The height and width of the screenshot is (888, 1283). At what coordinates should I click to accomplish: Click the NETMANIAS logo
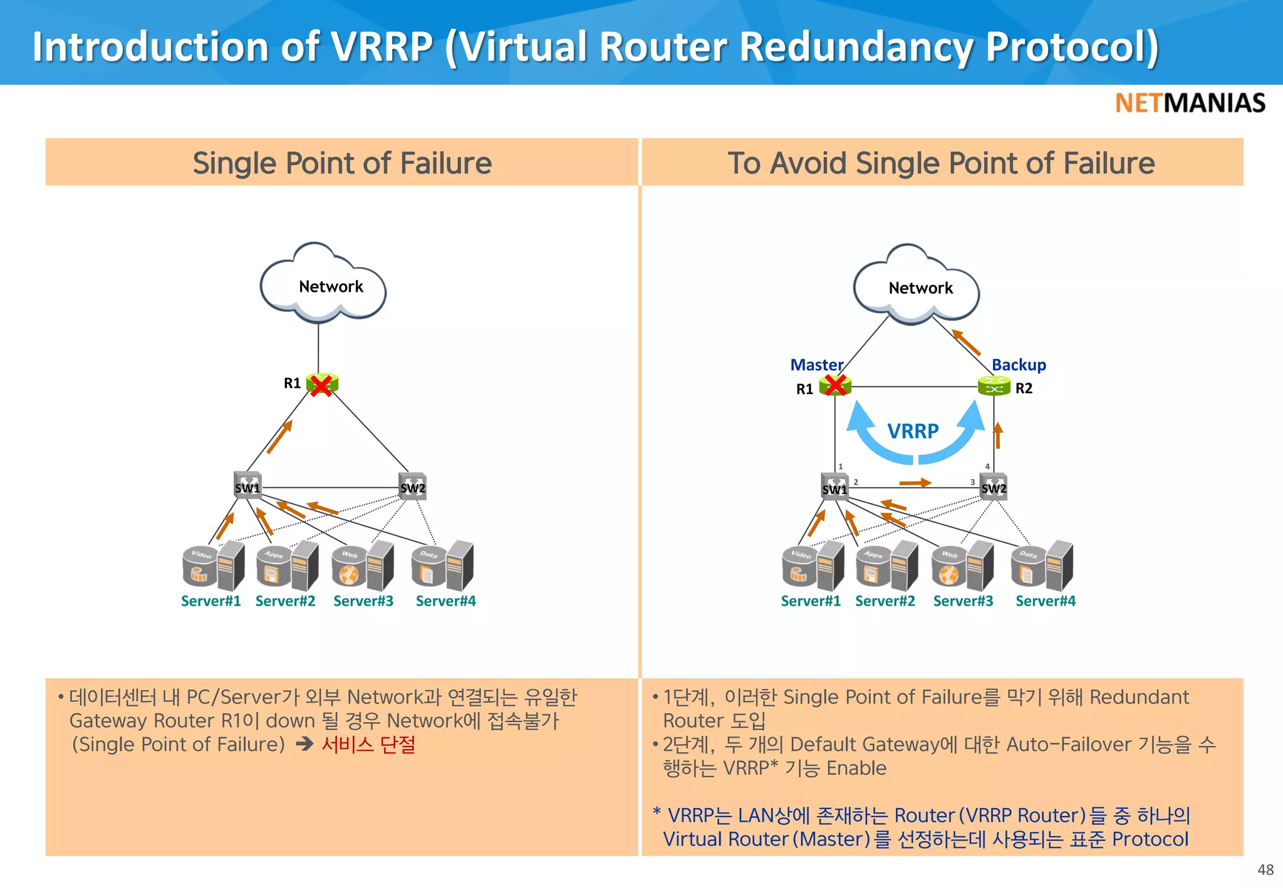click(x=1190, y=103)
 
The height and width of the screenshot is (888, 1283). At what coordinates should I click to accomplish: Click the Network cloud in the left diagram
click(x=323, y=286)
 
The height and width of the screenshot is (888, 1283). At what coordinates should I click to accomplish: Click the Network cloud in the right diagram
click(x=917, y=287)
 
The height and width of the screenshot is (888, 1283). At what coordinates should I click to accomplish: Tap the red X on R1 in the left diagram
click(x=321, y=385)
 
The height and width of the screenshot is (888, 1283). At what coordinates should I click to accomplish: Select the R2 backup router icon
click(x=994, y=386)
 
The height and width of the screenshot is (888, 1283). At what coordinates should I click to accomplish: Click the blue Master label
click(x=816, y=364)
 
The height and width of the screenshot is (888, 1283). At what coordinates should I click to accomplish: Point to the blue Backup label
click(x=1019, y=364)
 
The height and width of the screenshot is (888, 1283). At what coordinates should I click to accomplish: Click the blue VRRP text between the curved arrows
click(x=913, y=431)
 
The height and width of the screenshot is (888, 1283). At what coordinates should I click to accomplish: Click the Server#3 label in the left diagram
click(x=363, y=601)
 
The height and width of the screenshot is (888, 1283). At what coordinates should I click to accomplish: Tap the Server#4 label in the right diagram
click(x=1045, y=601)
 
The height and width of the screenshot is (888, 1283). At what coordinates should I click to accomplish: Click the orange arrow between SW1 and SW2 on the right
click(x=915, y=483)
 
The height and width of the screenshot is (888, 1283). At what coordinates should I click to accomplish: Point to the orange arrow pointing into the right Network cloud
click(x=966, y=343)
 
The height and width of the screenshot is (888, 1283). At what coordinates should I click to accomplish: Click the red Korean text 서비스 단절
click(x=368, y=745)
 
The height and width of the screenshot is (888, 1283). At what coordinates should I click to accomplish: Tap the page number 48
click(x=1265, y=870)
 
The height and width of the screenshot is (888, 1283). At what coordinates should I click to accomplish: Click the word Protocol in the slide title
click(x=1072, y=47)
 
